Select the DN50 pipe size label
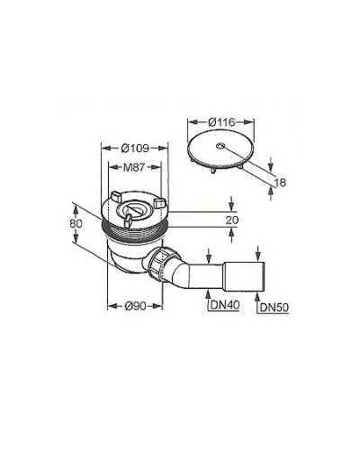(274, 307)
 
